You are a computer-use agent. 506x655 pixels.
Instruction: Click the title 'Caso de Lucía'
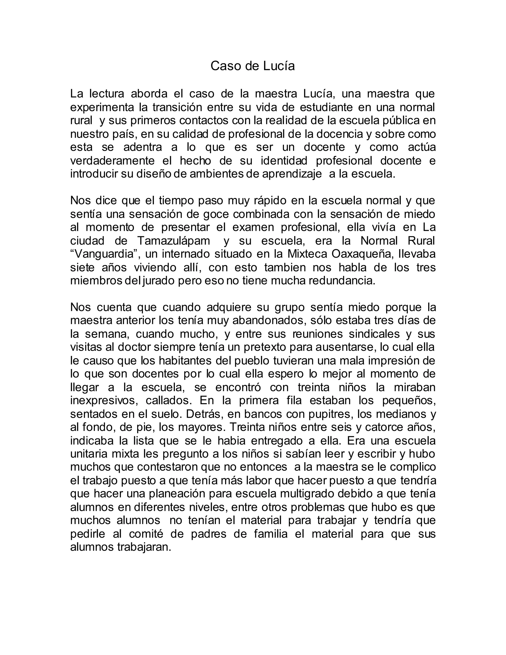[x=253, y=66]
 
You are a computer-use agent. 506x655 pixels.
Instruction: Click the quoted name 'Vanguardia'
[x=104, y=254]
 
